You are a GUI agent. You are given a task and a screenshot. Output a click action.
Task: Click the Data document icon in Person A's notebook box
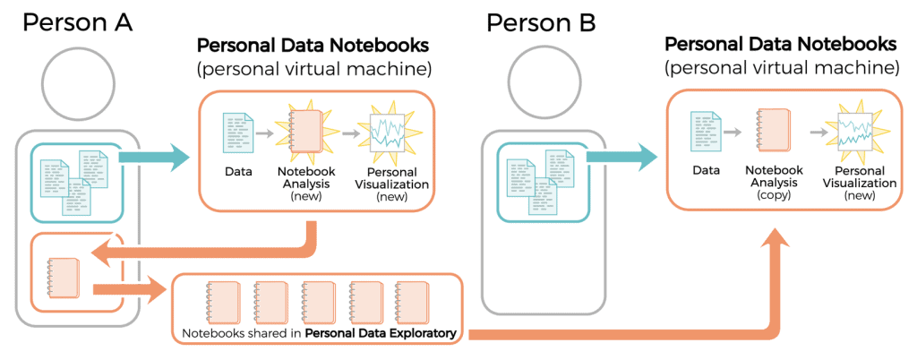[236, 133]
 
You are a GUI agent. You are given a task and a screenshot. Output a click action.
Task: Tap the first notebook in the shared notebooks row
[219, 300]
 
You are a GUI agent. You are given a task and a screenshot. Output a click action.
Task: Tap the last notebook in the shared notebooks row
[411, 300]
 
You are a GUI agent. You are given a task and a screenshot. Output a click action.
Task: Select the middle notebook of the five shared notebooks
[316, 300]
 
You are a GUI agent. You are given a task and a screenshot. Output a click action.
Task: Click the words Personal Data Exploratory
[380, 336]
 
